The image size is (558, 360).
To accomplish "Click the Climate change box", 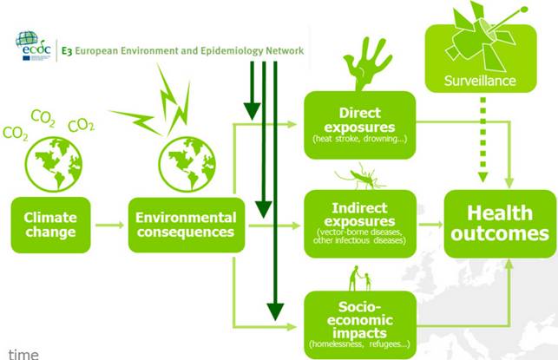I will pyautogui.click(x=50, y=224).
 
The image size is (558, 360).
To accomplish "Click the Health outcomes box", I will pyautogui.click(x=496, y=223).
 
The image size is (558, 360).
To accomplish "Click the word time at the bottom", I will pyautogui.click(x=19, y=353).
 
